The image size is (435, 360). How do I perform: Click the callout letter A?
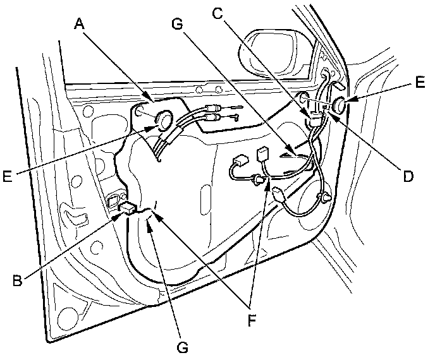(x=80, y=23)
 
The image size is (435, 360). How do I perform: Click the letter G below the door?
(x=181, y=346)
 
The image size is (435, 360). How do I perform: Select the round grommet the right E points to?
(x=338, y=106)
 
